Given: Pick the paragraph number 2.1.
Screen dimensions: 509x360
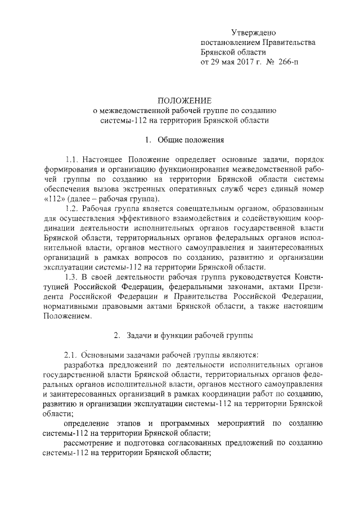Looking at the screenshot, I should click(74, 355).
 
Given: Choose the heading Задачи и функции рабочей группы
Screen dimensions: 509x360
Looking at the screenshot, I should click(188, 335).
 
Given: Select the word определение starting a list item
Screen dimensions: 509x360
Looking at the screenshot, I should click(89, 423).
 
